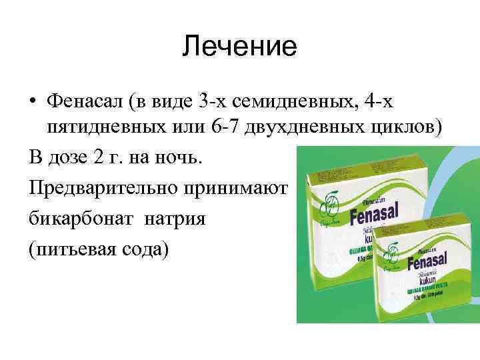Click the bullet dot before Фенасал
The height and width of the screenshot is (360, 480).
[33, 101]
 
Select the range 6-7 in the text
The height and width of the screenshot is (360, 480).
[223, 129]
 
